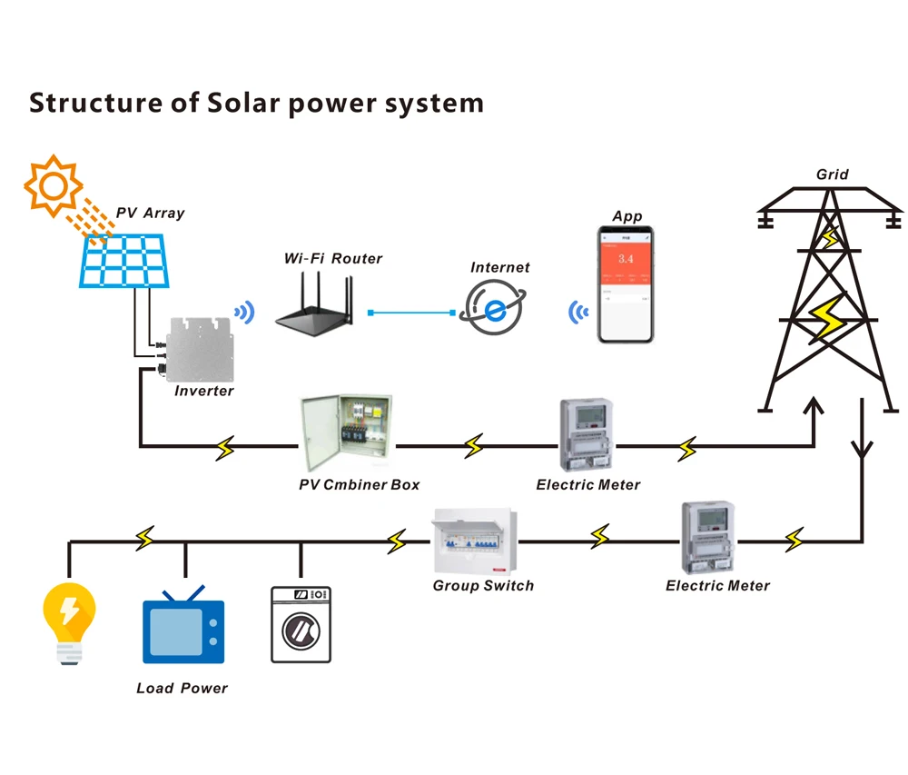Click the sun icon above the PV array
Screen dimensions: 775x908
point(53,185)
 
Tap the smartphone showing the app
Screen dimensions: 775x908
point(626,284)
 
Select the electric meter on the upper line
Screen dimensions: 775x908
point(586,434)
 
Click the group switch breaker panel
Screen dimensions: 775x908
point(473,541)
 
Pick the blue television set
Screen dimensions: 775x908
point(183,628)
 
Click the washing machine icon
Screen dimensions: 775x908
point(301,624)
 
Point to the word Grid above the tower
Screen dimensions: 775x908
point(833,174)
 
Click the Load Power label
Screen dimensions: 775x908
point(182,688)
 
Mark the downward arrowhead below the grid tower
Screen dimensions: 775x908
point(862,448)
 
